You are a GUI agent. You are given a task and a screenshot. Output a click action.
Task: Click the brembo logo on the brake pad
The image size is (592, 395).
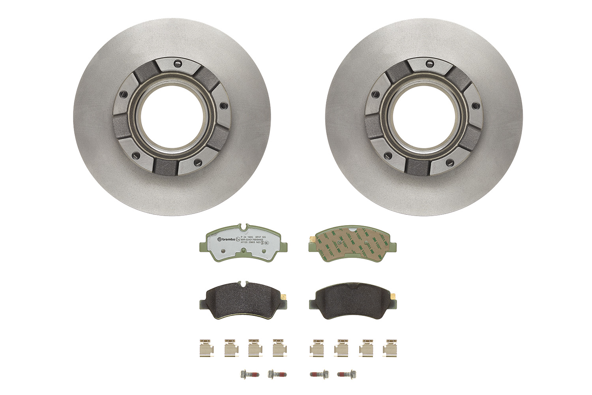coord(226,239)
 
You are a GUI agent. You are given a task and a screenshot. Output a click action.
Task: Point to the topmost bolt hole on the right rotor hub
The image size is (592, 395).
coord(430,62)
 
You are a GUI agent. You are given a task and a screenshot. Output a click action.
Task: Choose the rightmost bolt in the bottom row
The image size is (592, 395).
coord(346,373)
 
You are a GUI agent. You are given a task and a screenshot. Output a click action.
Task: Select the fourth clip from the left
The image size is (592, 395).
coord(278,347)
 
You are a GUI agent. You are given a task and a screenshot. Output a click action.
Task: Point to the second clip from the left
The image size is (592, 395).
coord(230,347)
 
